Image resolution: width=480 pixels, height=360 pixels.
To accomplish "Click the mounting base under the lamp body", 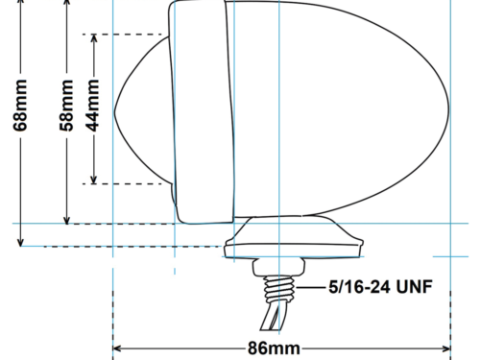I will click(x=293, y=238).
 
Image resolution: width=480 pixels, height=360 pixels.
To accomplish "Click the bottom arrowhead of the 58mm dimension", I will click(x=67, y=220).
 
